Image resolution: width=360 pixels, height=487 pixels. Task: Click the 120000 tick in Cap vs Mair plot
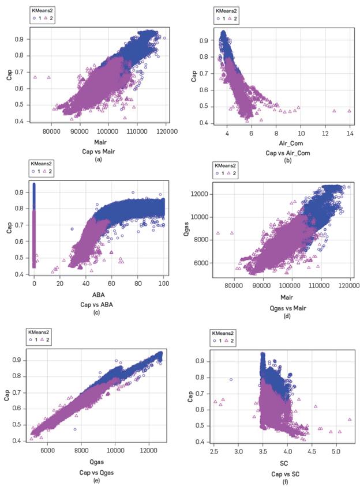[166, 131]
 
